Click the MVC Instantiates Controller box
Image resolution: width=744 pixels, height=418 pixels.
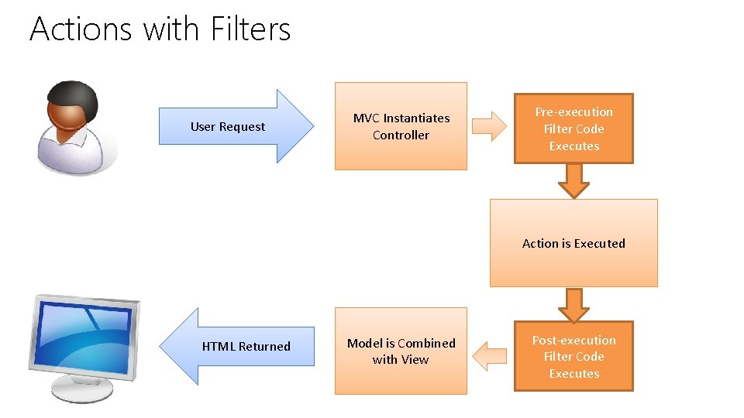[x=401, y=126]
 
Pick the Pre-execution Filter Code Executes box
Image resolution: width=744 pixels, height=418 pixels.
[x=573, y=128]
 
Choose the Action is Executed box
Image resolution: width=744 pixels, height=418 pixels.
[x=573, y=243]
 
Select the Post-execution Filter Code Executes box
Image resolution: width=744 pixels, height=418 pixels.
[x=573, y=356]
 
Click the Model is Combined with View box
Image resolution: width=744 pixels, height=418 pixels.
[x=401, y=351]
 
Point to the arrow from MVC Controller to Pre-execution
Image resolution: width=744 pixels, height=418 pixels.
[x=489, y=126]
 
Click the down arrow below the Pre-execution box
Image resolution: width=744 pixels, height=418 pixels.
[x=573, y=181]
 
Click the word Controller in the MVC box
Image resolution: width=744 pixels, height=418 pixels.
[x=401, y=135]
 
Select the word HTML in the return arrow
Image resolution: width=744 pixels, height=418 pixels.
[x=219, y=346]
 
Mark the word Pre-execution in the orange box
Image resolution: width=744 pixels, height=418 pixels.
[x=573, y=111]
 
